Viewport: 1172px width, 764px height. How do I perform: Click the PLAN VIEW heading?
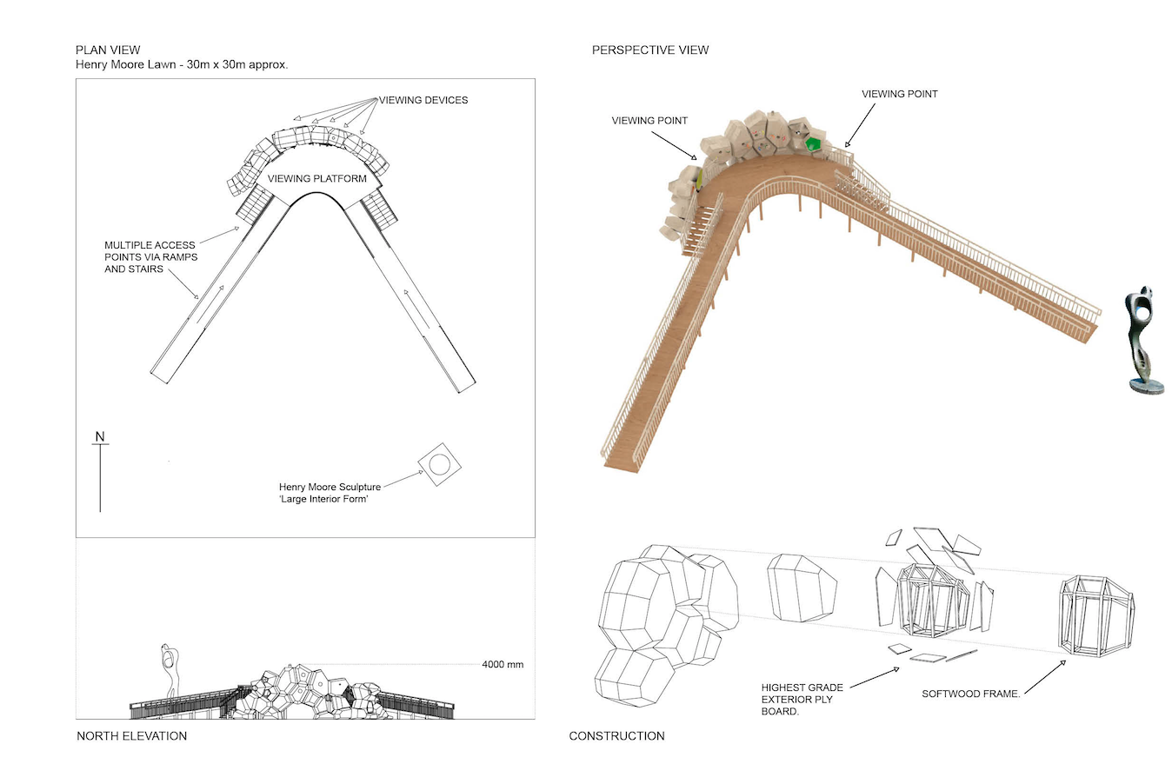[x=108, y=50]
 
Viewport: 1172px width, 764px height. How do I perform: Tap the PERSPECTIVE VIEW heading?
[x=650, y=50]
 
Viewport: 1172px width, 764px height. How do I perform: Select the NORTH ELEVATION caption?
[x=131, y=736]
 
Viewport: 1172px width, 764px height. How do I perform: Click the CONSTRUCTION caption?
[x=616, y=736]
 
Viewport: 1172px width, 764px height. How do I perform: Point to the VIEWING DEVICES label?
[x=422, y=100]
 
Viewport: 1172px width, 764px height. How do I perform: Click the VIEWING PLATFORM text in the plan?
[x=324, y=178]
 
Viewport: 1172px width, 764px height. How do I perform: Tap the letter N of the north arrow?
[x=100, y=436]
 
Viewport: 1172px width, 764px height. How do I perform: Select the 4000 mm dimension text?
[x=503, y=665]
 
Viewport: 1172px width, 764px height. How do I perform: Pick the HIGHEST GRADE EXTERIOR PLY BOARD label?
[x=801, y=699]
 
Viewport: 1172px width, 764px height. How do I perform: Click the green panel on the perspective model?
[x=814, y=144]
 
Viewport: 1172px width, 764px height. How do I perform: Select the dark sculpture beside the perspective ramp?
[x=1140, y=339]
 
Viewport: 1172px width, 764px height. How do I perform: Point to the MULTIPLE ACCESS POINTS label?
[x=150, y=257]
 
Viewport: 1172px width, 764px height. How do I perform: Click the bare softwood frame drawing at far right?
[x=1095, y=612]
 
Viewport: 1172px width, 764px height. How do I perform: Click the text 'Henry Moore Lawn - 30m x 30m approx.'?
[x=181, y=65]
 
